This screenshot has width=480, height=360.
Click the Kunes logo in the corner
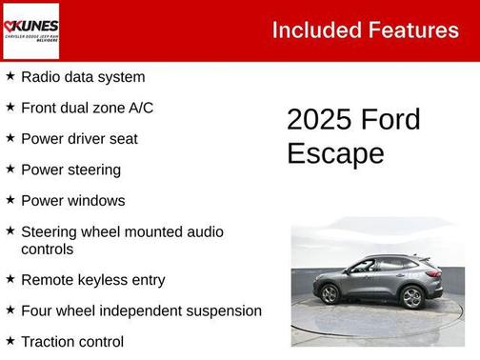(30, 30)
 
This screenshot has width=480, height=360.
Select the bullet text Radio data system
(83, 77)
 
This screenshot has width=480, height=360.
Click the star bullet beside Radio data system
(10, 76)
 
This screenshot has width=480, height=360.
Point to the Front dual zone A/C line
(87, 108)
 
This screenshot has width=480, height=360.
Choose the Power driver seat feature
(79, 139)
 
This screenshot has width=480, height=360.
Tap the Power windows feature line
(72, 201)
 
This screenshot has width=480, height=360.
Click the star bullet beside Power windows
(10, 200)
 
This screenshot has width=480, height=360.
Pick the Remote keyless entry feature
(92, 280)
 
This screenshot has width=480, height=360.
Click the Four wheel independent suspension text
(141, 310)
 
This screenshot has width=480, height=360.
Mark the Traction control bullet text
(72, 341)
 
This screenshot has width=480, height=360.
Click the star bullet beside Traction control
(10, 340)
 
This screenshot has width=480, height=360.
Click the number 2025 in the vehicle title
(319, 120)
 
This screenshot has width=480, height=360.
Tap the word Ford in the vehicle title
(390, 120)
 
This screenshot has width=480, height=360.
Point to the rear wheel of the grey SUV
(411, 297)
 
